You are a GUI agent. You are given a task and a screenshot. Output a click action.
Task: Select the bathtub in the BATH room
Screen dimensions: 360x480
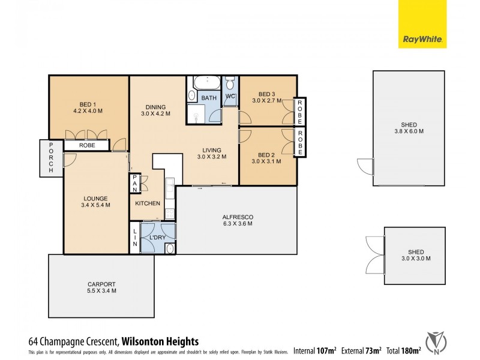tap(208, 83)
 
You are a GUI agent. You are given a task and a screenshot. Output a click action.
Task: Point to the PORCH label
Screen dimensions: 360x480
tap(52, 158)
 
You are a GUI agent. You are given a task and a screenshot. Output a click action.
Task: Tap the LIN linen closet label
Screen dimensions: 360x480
tap(135, 238)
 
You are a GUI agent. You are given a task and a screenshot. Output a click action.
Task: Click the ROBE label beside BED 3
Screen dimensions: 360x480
tap(300, 112)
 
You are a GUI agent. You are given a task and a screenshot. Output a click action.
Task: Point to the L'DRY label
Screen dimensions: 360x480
tap(157, 238)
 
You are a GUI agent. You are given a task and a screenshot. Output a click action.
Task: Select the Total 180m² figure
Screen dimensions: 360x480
tap(404, 350)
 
